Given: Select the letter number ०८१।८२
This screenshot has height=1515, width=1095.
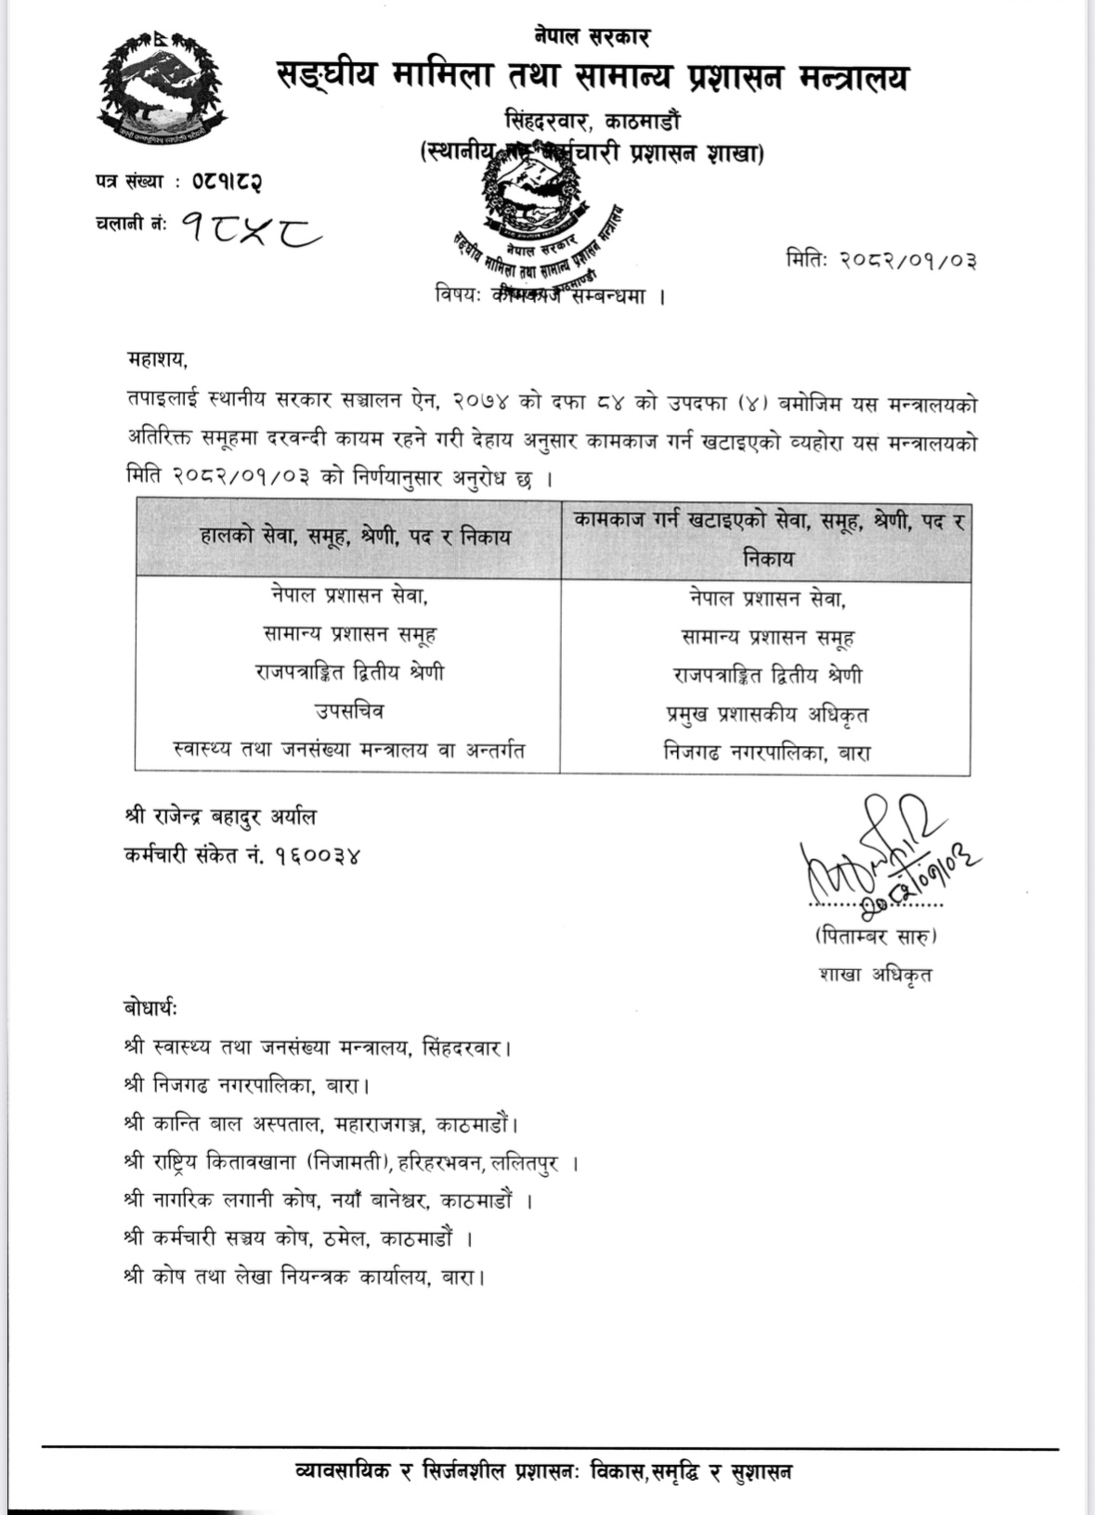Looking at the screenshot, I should (227, 181).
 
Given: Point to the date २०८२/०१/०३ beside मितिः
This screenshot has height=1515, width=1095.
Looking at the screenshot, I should (907, 260).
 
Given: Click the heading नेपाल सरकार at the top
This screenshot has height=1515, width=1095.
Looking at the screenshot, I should (592, 36).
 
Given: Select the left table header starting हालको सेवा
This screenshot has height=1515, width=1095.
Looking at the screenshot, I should (355, 537).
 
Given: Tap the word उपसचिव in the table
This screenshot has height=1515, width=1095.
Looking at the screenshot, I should (348, 712).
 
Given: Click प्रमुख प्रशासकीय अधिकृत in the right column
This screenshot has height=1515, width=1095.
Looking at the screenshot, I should (766, 715).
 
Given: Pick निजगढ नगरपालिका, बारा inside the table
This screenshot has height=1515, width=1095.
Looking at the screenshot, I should (766, 752).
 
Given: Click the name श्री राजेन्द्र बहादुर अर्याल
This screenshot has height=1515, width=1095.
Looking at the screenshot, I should (220, 818).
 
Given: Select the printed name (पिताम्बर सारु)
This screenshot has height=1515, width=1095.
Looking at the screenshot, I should (876, 936).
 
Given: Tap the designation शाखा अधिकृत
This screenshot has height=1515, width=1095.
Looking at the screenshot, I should (875, 974).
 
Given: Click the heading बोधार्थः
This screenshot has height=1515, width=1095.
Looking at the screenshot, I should (150, 1008).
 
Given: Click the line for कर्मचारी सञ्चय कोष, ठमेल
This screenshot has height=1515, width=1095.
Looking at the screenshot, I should (298, 1238).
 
